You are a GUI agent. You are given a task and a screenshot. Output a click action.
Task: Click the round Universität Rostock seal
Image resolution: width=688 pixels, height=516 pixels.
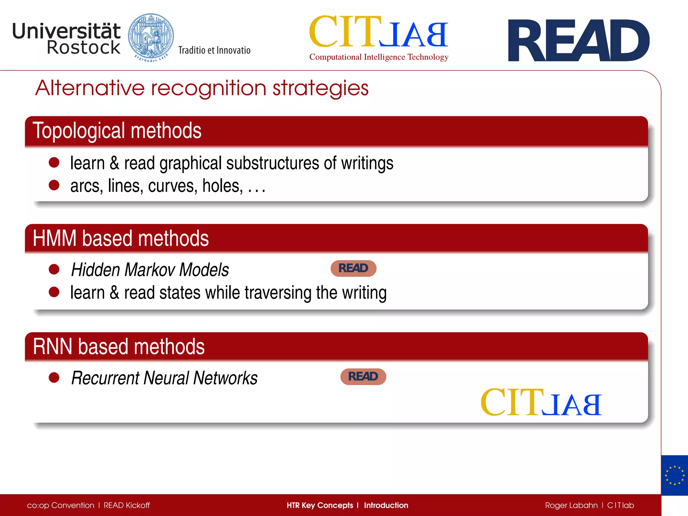[x=151, y=37]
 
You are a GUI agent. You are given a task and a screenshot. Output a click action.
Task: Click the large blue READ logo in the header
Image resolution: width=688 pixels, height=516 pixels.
[x=578, y=41]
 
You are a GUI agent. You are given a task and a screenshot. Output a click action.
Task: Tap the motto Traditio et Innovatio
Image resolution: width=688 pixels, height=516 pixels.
[x=214, y=50]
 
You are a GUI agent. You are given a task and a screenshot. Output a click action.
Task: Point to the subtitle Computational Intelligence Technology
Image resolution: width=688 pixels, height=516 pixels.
[x=379, y=57]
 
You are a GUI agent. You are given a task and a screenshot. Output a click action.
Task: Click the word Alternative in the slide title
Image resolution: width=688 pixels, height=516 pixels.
[x=90, y=88]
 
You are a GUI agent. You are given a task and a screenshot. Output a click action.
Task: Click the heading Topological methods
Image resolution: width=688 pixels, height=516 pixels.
[x=117, y=131]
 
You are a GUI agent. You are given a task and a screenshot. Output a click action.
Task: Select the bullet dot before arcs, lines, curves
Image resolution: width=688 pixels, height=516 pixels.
[x=54, y=185]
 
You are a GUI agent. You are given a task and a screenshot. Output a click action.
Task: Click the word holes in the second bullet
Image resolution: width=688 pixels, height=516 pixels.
[x=222, y=186]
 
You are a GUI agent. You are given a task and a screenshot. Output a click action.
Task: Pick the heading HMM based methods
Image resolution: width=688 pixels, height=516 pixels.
[x=121, y=239]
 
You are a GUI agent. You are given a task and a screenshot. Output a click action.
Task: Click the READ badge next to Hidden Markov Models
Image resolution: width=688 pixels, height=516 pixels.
[x=353, y=268]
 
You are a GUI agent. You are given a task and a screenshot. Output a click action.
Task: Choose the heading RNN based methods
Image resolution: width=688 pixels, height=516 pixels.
[x=119, y=347]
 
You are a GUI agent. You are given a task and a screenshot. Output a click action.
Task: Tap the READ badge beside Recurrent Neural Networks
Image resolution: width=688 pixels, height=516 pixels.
[x=363, y=377]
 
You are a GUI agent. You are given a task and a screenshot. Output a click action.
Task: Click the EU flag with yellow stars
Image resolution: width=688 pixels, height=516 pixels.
[x=674, y=475]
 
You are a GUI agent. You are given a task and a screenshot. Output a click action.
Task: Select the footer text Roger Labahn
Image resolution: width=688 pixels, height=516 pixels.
[x=571, y=506]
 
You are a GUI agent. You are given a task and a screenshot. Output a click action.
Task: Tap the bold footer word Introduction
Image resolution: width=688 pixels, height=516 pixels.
[x=386, y=506]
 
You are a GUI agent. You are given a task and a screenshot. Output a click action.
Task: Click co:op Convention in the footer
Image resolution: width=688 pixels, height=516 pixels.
[x=60, y=506]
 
